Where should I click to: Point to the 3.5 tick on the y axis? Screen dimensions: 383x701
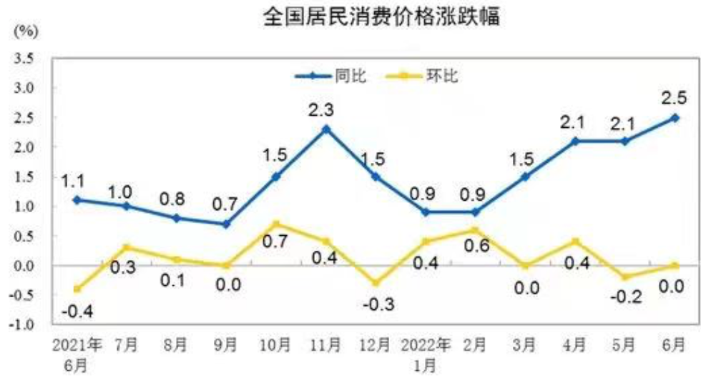[26, 58]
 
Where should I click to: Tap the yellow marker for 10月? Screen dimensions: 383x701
[276, 224]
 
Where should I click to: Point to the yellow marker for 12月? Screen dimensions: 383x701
[375, 283]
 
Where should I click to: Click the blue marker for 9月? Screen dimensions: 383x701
[226, 224]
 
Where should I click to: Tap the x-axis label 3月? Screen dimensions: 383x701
[525, 344]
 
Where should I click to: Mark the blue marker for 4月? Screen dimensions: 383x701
[574, 141]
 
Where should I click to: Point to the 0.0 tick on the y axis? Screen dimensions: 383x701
[26, 266]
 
